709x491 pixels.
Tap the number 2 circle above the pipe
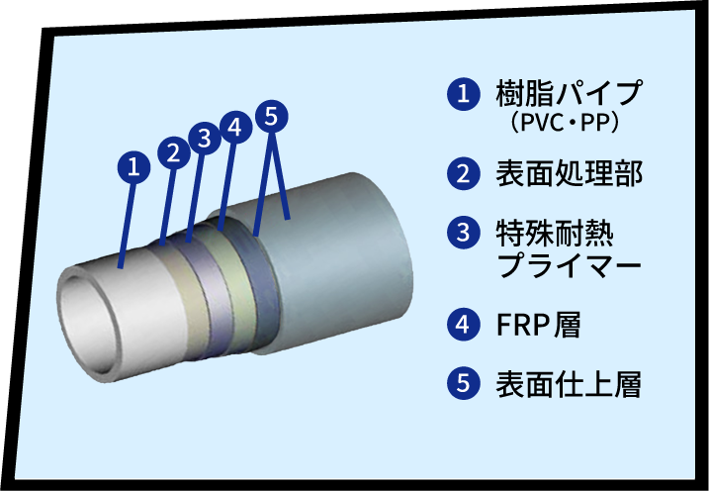(173, 152)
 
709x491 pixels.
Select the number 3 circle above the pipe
(203, 139)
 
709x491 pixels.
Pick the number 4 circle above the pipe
(233, 128)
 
